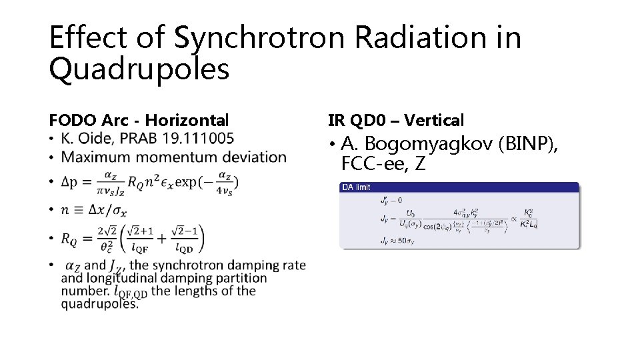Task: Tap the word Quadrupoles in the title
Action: pos(139,69)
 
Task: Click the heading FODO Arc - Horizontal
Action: pos(139,121)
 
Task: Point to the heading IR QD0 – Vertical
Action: pos(396,121)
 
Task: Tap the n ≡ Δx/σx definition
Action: pos(93,210)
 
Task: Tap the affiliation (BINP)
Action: pos(532,143)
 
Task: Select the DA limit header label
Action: pos(356,187)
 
